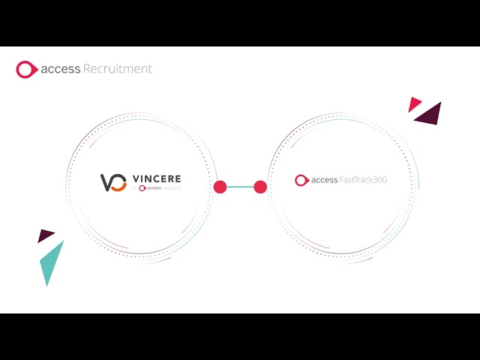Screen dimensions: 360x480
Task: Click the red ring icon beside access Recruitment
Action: (26, 70)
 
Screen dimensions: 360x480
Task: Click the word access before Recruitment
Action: (59, 69)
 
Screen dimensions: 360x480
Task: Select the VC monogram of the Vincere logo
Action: (113, 182)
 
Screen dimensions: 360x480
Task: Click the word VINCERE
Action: (156, 179)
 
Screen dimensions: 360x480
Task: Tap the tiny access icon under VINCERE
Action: (142, 188)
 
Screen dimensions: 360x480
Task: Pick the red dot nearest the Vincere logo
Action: (220, 187)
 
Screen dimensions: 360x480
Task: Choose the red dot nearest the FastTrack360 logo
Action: (260, 187)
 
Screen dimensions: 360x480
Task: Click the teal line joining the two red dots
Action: (240, 187)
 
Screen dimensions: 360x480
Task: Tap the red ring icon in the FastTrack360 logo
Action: (301, 180)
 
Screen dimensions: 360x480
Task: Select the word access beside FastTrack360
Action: (325, 180)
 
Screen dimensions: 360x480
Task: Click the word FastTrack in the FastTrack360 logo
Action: (356, 180)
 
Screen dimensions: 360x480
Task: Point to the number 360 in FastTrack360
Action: (379, 180)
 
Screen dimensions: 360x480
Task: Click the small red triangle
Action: (414, 104)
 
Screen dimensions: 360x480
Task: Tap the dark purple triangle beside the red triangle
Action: (430, 114)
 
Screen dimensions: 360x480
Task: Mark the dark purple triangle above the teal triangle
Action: (46, 235)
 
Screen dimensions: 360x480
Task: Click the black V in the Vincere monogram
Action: (107, 181)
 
